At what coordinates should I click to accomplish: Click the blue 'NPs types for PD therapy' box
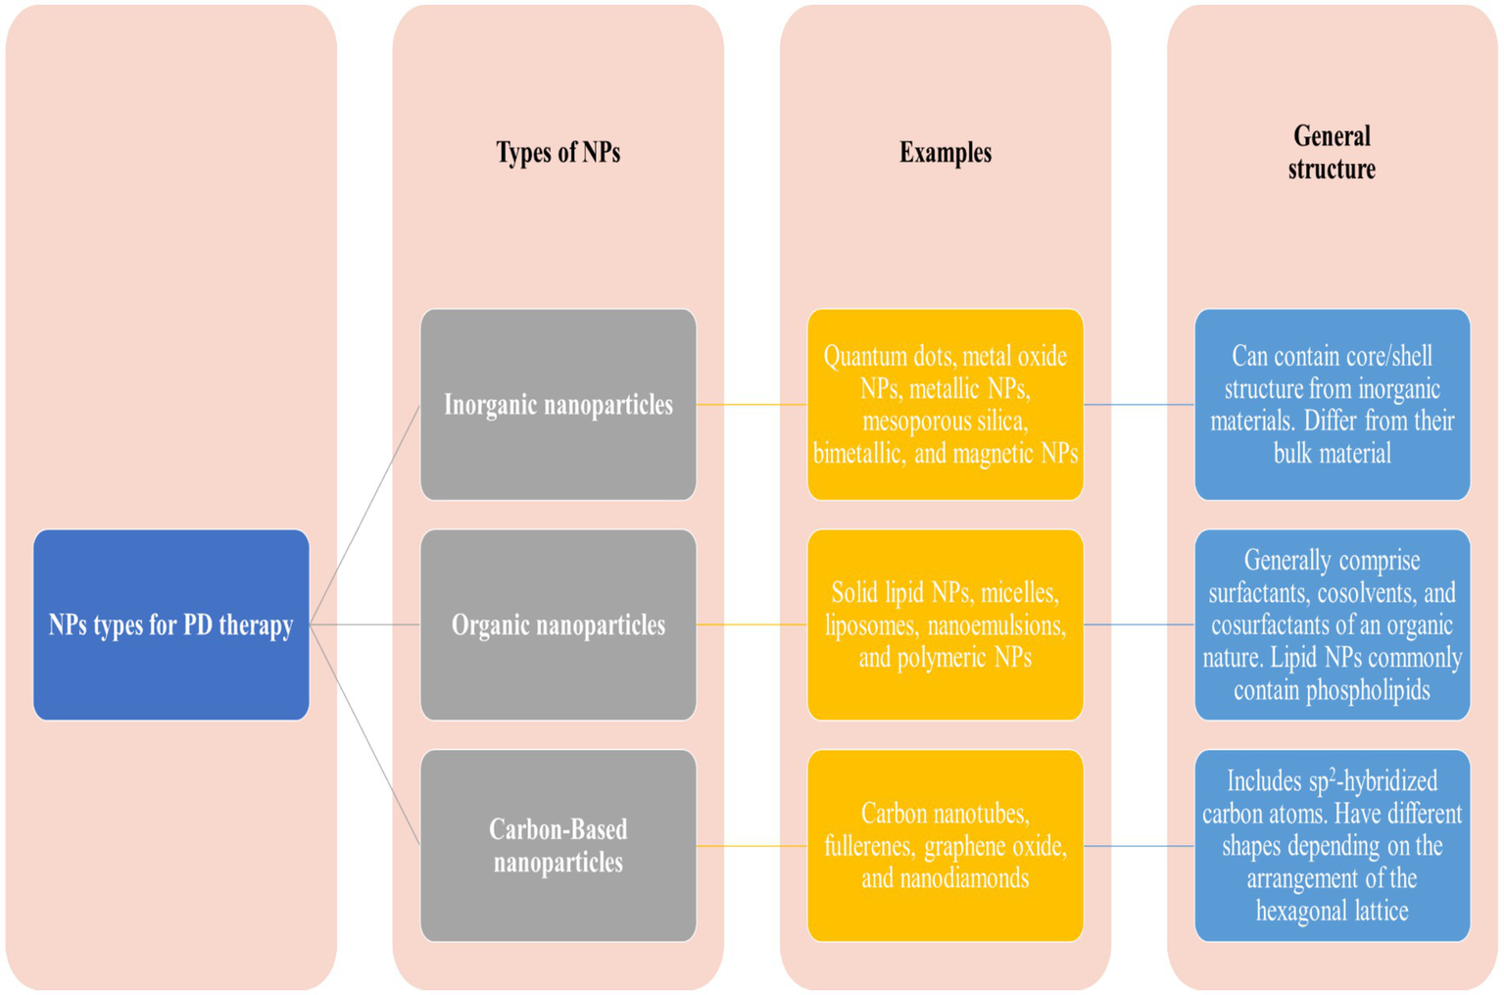point(171,624)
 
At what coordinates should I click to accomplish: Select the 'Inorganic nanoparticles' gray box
point(558,404)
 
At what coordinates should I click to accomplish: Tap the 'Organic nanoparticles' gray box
point(558,624)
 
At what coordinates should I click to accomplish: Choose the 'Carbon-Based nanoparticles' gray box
point(558,845)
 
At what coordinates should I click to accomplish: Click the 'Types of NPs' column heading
point(558,153)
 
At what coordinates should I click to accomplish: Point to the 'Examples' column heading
point(946,153)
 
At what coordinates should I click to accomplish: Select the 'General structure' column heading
point(1332,152)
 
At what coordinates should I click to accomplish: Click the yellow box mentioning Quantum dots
point(946,404)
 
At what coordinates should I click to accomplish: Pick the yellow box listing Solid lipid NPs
point(946,624)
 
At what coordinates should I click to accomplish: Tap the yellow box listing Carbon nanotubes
point(946,845)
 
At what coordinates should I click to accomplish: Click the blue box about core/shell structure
point(1332,404)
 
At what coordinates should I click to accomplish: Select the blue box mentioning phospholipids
point(1332,624)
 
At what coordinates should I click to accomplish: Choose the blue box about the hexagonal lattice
point(1332,845)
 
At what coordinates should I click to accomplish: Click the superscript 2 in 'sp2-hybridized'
point(1333,773)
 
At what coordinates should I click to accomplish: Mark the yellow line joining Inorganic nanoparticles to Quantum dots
point(752,404)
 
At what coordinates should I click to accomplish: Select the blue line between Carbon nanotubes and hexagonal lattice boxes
point(1139,846)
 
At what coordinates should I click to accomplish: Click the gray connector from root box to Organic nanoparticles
point(364,624)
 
